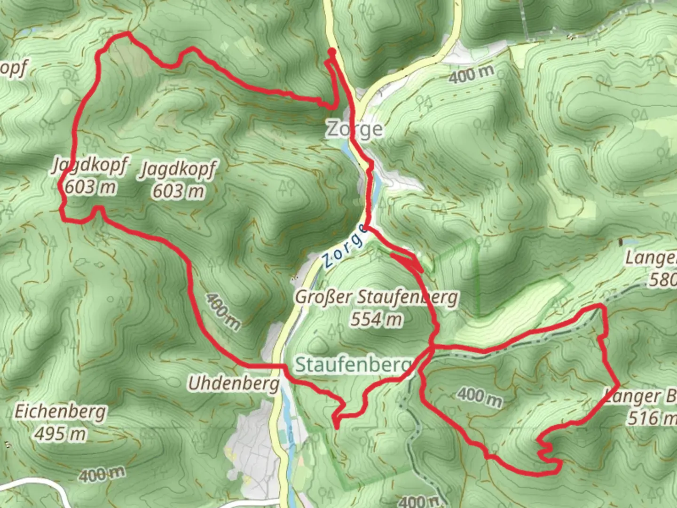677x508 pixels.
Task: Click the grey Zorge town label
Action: tap(355, 129)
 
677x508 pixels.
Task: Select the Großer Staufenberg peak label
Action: tap(376, 297)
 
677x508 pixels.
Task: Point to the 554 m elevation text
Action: tap(376, 320)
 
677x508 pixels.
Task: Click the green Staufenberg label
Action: tap(353, 365)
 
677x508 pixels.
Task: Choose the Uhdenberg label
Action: tap(234, 384)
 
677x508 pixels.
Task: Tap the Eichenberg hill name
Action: tap(60, 412)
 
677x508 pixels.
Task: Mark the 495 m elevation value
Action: tap(60, 433)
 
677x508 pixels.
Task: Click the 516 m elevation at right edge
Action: tap(651, 418)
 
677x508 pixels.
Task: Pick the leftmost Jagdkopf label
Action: tap(89, 166)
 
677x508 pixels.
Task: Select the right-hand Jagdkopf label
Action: tap(178, 169)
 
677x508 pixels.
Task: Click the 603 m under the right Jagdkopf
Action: tap(178, 191)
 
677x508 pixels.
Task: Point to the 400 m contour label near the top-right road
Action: tap(471, 74)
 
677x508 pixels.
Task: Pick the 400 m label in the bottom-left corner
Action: tap(102, 474)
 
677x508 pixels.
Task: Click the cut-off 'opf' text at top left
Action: tap(13, 69)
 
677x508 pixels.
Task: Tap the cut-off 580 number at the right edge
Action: tap(663, 280)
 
